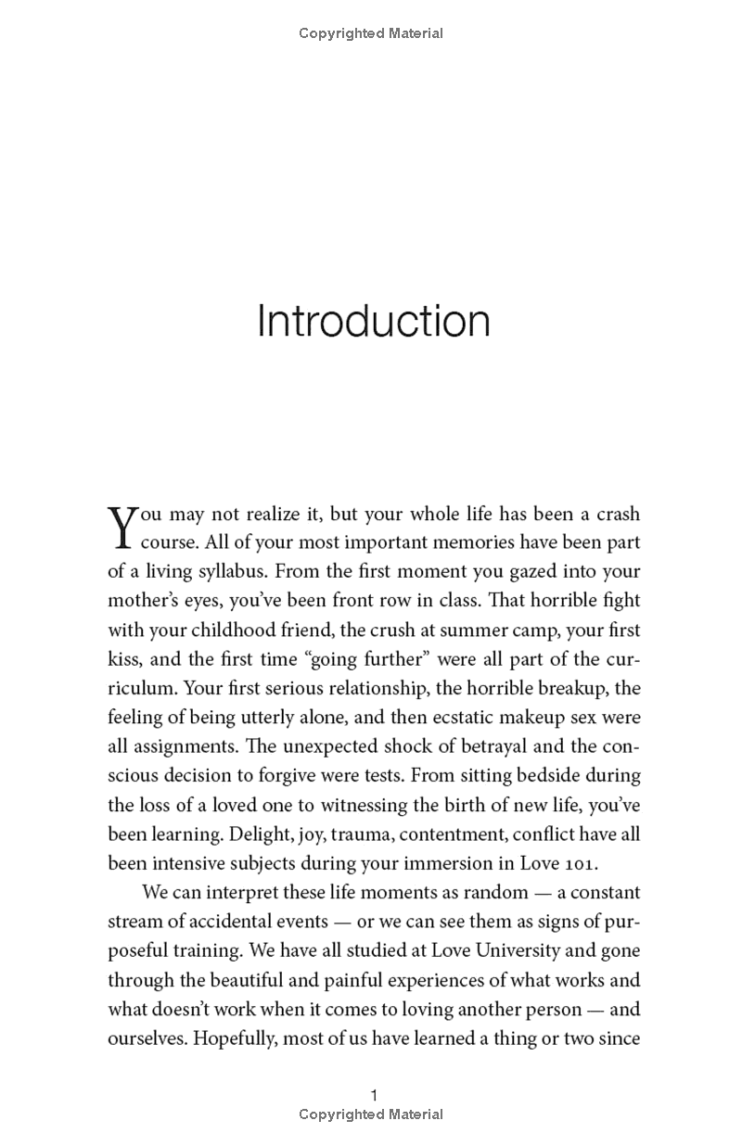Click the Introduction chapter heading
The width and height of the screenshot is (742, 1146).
pyautogui.click(x=373, y=321)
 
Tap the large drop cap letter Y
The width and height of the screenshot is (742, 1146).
pyautogui.click(x=122, y=526)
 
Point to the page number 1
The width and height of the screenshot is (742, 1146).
pyautogui.click(x=374, y=1095)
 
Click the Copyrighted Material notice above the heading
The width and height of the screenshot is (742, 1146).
pyautogui.click(x=371, y=33)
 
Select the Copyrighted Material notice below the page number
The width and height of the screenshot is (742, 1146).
pyautogui.click(x=371, y=1114)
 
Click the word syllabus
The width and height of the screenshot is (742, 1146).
pyautogui.click(x=231, y=572)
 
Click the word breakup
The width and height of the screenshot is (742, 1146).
pyautogui.click(x=571, y=688)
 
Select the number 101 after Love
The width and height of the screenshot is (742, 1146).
pyautogui.click(x=581, y=863)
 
